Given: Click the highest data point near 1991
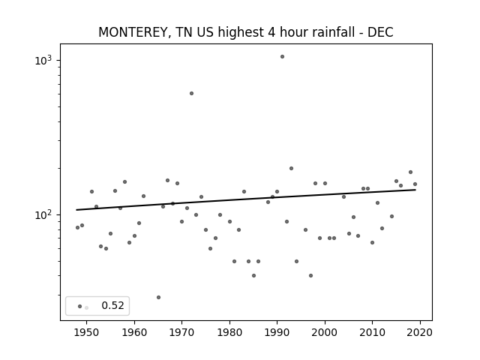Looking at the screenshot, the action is tap(282, 57).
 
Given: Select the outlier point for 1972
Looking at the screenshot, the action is tap(192, 93).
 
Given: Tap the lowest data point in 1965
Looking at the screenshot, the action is tap(158, 297).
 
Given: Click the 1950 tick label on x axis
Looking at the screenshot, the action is tap(87, 332).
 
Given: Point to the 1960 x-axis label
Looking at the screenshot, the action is tap(134, 332).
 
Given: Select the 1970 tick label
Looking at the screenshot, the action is tap(181, 332).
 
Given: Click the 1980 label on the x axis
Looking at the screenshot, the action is tap(229, 332).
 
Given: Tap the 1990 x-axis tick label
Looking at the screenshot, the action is tap(277, 332).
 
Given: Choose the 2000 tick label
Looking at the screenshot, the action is tap(325, 332).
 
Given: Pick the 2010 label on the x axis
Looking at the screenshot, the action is tap(372, 332).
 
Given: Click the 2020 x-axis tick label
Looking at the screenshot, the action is tap(420, 332).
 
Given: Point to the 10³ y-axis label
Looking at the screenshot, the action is tap(43, 60).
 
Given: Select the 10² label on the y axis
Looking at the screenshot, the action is tap(43, 214).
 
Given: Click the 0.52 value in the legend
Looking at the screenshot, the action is tap(112, 305).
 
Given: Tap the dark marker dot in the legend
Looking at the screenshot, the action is tap(80, 306).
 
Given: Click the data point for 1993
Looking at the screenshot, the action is tap(292, 168).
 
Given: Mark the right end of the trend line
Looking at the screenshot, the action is tap(415, 190).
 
